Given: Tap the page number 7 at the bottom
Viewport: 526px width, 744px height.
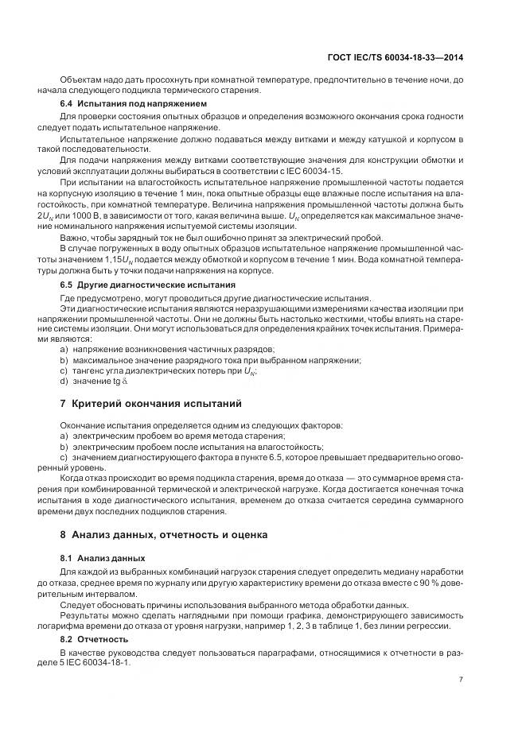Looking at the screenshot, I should coord(461,678).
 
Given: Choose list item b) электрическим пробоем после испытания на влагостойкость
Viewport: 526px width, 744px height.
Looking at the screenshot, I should coord(192,448).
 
